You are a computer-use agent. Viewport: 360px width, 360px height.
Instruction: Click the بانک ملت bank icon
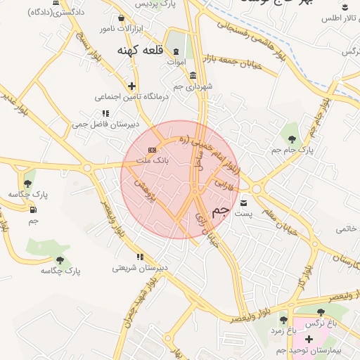click(x=152, y=150)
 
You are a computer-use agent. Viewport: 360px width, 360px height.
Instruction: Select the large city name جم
click(x=220, y=210)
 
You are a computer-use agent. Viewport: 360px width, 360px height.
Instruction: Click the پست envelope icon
click(x=244, y=203)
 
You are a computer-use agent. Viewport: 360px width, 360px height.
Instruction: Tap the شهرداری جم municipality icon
click(x=193, y=76)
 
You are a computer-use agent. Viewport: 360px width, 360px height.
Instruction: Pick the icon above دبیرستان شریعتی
click(x=141, y=257)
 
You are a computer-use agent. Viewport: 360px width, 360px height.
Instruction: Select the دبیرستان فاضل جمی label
click(x=101, y=124)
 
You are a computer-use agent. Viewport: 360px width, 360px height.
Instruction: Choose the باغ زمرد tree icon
click(x=284, y=320)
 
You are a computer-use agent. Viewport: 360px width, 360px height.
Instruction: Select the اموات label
click(x=175, y=63)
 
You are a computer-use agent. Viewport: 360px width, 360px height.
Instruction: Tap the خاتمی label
click(x=347, y=229)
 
